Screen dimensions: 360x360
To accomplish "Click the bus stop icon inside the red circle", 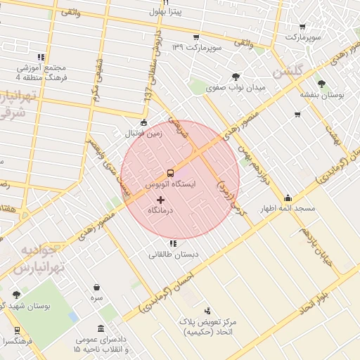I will coord(170,173).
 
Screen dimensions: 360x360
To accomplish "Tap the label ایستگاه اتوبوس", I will coord(170,184).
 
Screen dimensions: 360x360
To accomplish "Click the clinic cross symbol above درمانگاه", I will coord(160,200).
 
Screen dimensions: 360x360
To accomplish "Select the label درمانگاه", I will coord(161,211).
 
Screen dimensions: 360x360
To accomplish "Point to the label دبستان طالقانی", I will coord(173,254).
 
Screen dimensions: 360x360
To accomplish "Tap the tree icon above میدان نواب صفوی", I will coord(235,77).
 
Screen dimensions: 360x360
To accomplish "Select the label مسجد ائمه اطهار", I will coord(288,209).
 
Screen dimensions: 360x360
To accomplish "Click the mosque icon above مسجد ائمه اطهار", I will coord(288,198).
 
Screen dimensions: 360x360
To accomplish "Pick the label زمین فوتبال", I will coord(143,133).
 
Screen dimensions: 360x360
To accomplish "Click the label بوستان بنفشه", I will coord(322,94).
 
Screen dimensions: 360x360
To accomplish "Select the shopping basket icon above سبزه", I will coord(96,287).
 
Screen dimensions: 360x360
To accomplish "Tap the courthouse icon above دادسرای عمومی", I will coord(102,329).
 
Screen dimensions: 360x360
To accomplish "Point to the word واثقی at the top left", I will coord(70,13).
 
